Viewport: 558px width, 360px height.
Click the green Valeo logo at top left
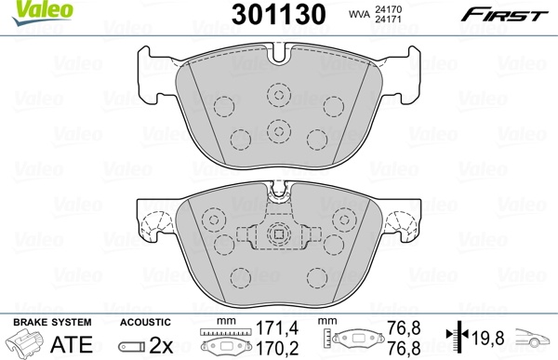pos(43,12)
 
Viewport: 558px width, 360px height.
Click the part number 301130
pos(279,15)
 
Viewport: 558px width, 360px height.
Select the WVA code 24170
pos(388,9)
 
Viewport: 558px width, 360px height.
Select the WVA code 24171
pos(388,19)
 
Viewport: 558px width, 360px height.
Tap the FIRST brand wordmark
pos(505,15)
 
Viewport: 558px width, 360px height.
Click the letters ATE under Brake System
pos(72,344)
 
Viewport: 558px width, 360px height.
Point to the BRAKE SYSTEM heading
pos(52,322)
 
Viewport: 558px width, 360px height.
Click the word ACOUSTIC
pos(145,322)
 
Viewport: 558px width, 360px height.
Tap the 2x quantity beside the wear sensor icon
pos(161,345)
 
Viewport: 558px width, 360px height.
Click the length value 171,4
pos(277,328)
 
